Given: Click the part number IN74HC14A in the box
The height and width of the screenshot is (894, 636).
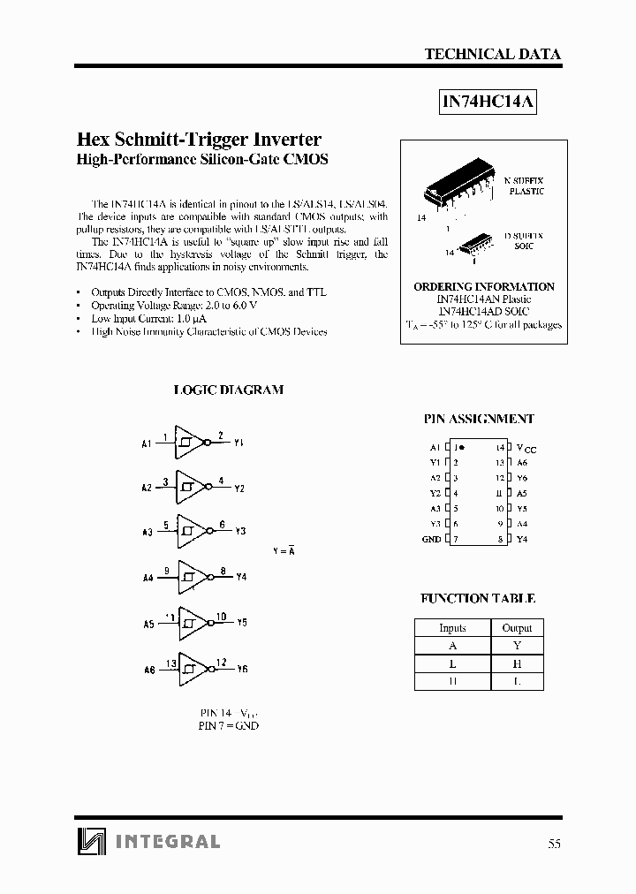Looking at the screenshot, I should tap(488, 102).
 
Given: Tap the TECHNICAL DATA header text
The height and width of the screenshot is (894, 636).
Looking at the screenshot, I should tap(492, 54).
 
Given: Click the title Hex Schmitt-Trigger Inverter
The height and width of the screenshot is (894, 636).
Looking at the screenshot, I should tap(200, 140).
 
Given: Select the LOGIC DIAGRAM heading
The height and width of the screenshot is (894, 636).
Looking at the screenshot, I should tap(228, 390).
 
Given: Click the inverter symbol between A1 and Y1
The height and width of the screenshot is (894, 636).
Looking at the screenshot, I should tap(190, 441).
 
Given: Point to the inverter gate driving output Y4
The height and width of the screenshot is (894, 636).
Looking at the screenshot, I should tap(190, 577).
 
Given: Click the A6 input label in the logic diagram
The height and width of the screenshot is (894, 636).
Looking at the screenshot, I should tap(149, 670).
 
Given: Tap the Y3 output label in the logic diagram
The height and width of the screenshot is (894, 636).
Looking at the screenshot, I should tap(240, 532).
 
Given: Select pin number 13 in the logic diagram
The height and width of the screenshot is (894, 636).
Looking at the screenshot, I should tap(171, 662).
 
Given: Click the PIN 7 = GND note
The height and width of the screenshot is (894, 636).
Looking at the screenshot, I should tap(229, 725).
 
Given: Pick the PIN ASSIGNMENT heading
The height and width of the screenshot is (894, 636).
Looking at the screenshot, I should tap(479, 419).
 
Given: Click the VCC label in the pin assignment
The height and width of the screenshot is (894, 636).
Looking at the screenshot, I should tap(526, 448).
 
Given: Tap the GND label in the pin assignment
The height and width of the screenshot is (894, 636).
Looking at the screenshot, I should tap(431, 539).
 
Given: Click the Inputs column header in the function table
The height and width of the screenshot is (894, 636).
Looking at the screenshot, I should tap(452, 628).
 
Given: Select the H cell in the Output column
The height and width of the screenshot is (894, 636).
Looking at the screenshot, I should tap(517, 663).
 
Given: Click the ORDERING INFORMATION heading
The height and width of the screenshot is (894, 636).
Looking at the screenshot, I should tap(484, 287).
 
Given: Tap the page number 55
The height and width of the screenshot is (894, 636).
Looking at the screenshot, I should tap(554, 843).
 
